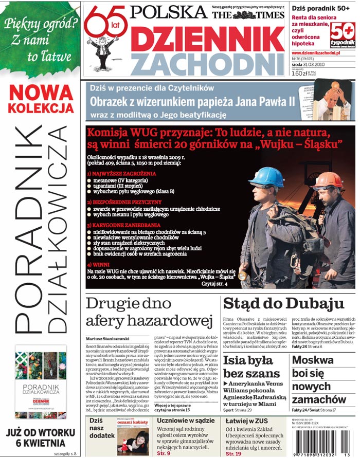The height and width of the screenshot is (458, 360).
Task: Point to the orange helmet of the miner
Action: click(x=328, y=180)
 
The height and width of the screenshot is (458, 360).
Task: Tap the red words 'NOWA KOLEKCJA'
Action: click(x=41, y=99)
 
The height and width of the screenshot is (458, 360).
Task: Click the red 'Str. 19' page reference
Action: click(x=234, y=453)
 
